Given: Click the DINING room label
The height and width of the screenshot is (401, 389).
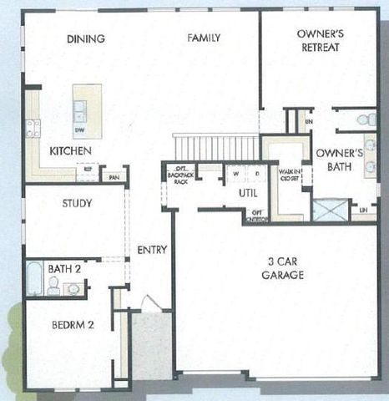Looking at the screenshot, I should point(86,38).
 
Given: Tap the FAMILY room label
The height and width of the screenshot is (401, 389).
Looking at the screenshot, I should point(203,38).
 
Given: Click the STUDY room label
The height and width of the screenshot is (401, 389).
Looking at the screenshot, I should point(77,202).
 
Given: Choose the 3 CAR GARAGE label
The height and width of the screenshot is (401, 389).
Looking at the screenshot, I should point(280,268).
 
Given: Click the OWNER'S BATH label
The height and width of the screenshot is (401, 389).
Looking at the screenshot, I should point(338,160).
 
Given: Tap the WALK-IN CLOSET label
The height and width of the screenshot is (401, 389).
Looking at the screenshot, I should point(289,176).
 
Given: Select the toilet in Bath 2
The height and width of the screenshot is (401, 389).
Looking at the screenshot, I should point(53,287).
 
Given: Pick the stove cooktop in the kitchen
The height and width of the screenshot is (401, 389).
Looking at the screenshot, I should point(33,128).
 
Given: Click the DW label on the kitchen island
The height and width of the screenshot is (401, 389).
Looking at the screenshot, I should point(80,130).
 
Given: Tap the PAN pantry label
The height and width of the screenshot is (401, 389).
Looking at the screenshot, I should point(114,177).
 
